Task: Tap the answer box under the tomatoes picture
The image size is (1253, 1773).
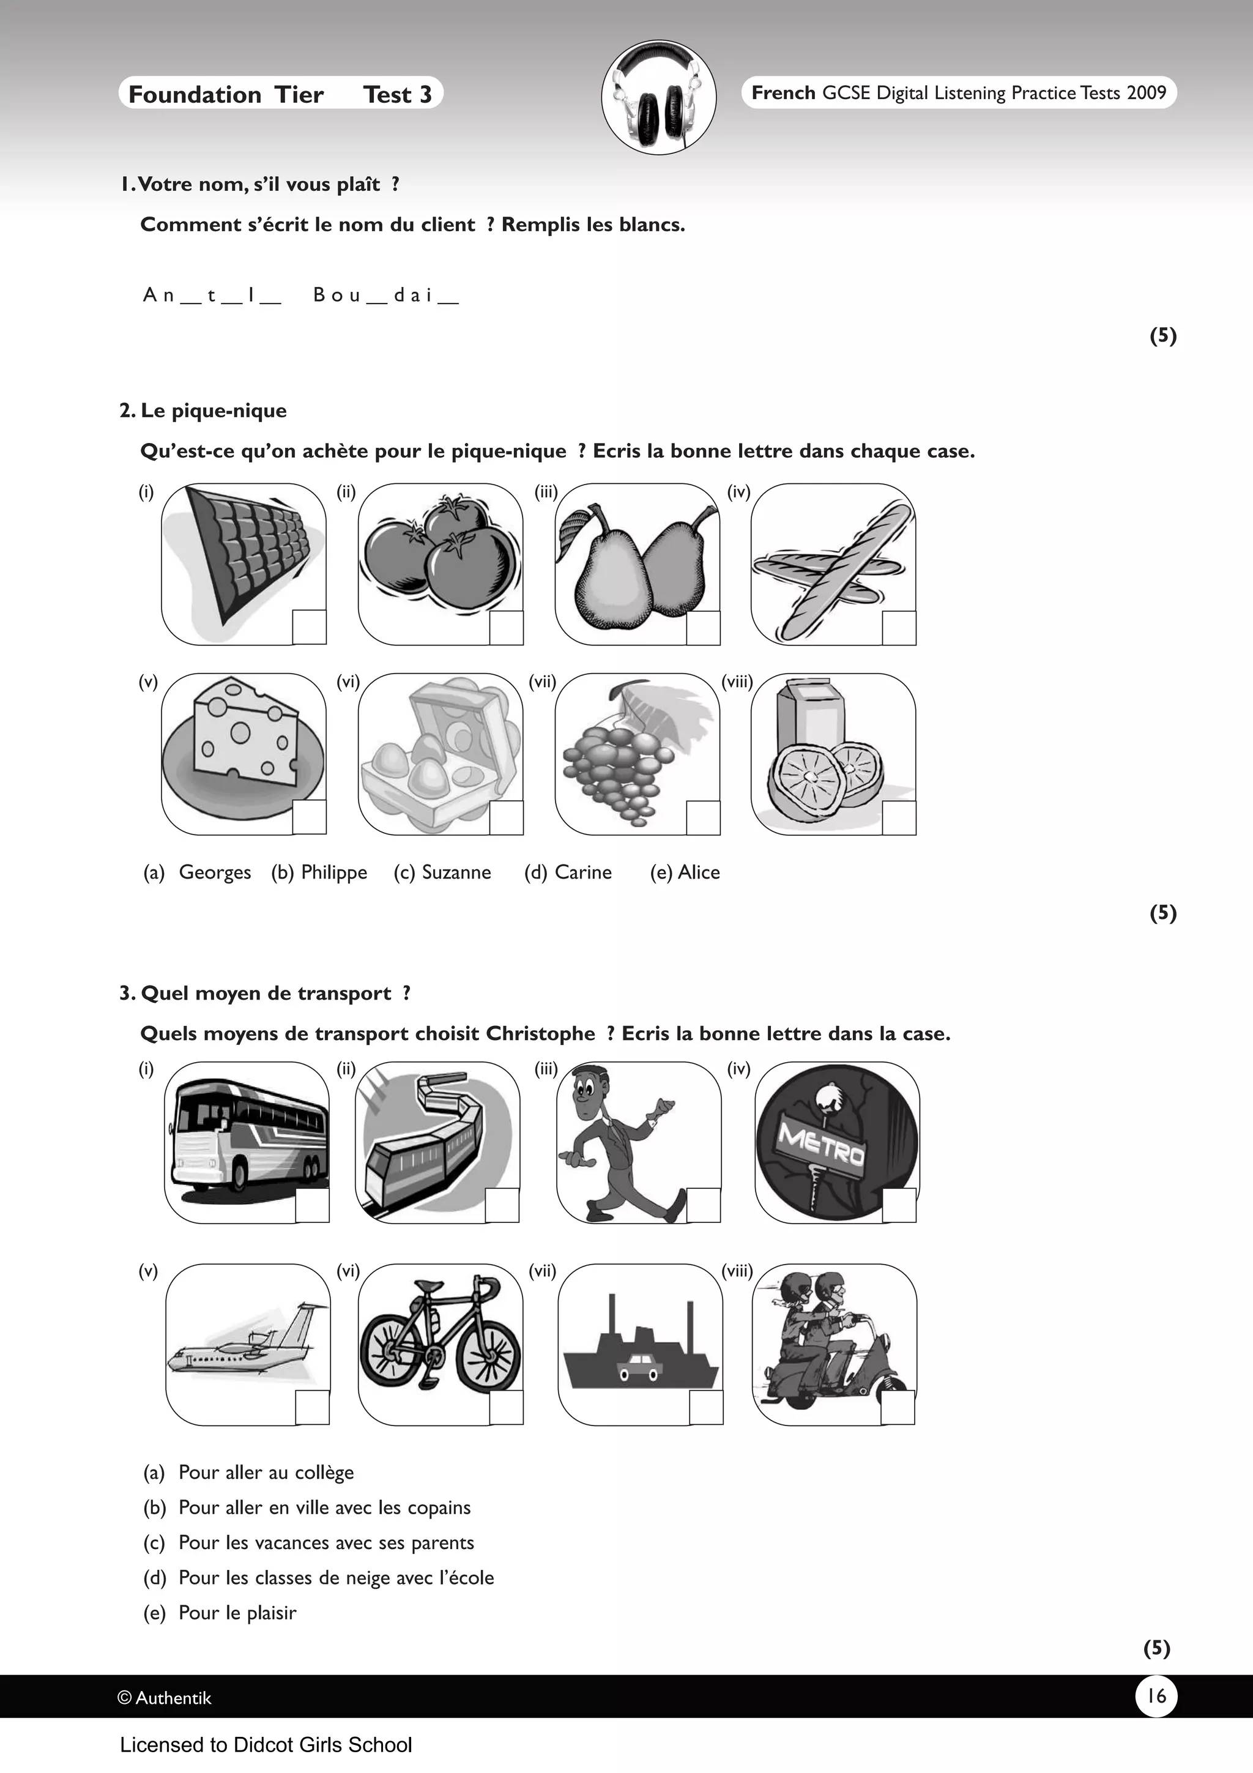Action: [507, 628]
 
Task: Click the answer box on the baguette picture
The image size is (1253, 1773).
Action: [899, 628]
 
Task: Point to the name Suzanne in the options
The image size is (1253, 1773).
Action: [456, 872]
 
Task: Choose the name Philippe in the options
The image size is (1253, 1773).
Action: [334, 872]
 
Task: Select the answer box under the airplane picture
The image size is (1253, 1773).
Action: [312, 1407]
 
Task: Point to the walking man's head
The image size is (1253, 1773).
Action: [590, 1089]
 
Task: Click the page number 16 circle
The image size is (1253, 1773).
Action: [1156, 1695]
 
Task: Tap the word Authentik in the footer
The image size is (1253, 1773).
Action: [173, 1697]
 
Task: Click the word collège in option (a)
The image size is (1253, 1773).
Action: [324, 1473]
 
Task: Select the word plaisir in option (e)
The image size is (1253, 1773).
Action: [271, 1612]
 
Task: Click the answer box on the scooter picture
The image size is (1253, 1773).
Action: [898, 1407]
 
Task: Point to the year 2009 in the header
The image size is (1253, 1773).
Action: [1147, 92]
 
